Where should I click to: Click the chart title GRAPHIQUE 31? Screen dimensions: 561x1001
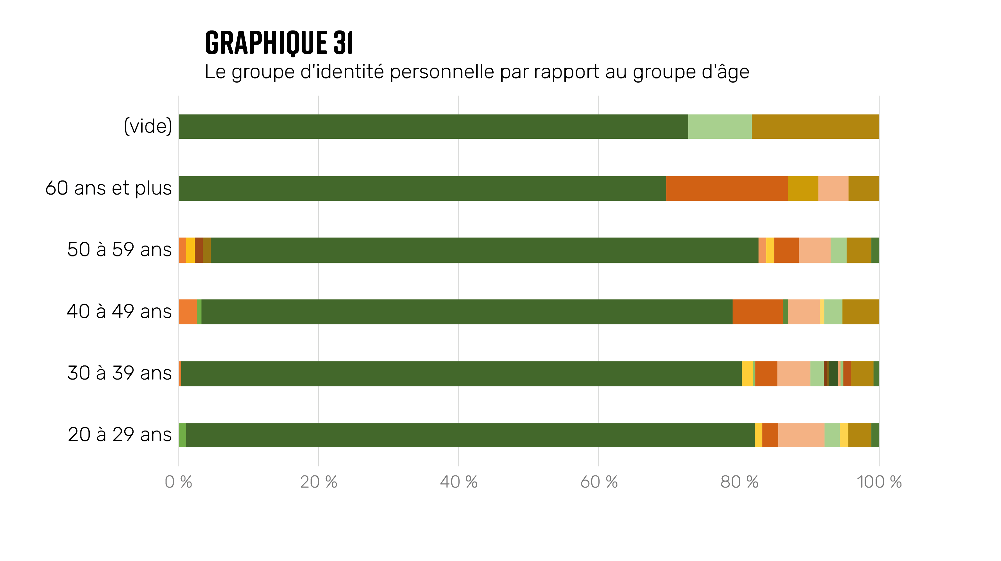tap(279, 42)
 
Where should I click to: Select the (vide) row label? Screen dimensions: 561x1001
tap(148, 126)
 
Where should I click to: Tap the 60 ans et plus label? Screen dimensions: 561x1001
tap(108, 188)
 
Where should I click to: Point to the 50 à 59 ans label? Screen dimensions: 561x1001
tap(119, 250)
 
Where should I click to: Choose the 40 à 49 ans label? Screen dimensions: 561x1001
tap(119, 311)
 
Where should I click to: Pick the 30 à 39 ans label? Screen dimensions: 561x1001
tap(119, 373)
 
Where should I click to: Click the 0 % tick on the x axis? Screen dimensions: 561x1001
tap(178, 482)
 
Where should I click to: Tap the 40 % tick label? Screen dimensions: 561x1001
tap(458, 482)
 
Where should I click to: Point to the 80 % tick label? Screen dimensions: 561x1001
tap(739, 482)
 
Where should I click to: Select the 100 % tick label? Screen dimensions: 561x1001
tap(879, 482)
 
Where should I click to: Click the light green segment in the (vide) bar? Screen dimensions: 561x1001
tap(720, 126)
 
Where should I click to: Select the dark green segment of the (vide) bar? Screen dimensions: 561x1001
tap(433, 126)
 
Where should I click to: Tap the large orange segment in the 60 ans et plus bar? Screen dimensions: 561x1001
tap(727, 188)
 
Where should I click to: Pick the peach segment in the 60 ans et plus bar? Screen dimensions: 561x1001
tap(833, 188)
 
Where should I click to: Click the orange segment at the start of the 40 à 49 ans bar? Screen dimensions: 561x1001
tap(187, 312)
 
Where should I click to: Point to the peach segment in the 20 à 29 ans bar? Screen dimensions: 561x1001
tap(801, 435)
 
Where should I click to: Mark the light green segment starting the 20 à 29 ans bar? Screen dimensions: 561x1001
tap(182, 435)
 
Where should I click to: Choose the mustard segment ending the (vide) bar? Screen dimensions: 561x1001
tap(815, 126)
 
